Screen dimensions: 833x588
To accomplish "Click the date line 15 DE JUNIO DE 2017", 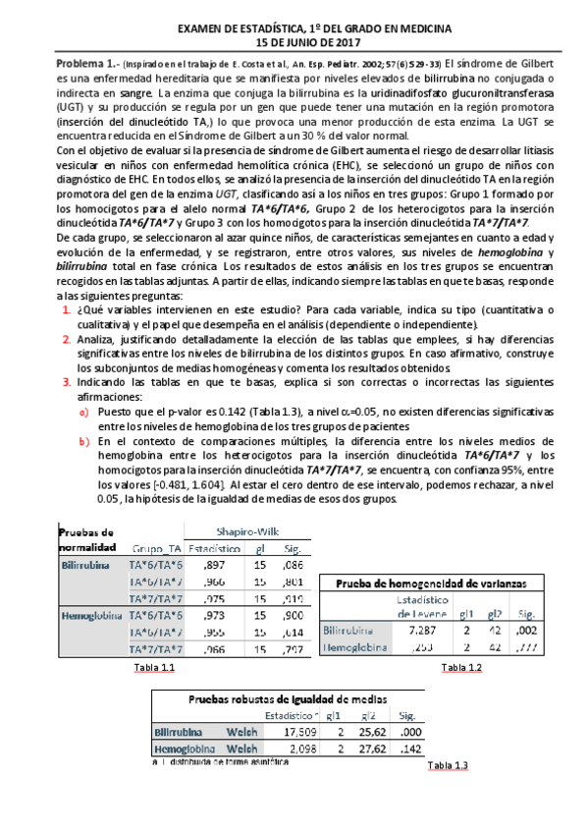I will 294,43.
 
